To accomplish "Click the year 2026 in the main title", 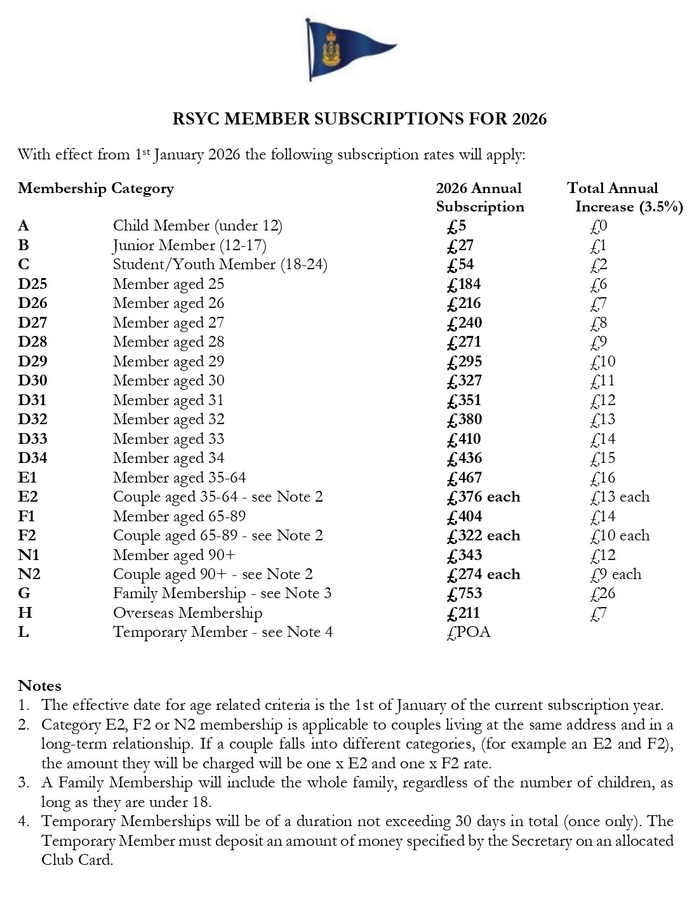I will pos(529,119).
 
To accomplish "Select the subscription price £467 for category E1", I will pos(464,477).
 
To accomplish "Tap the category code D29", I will pos(32,361).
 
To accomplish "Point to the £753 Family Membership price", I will pos(464,594).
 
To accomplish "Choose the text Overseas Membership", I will pos(187,613).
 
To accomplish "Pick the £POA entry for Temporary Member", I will pos(469,632).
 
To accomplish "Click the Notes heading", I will pos(39,686).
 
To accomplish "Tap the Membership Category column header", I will pos(95,189).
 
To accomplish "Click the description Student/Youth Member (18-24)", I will pos(220,265).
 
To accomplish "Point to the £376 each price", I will pos(483,497).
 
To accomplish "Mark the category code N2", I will pos(29,574).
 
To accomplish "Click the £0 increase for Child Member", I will pos(598,226).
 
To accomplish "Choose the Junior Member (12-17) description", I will pos(189,245).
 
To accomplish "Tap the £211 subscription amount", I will pos(463,613).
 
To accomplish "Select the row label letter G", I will pos(24,594).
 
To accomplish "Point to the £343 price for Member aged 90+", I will pos(464,555).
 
